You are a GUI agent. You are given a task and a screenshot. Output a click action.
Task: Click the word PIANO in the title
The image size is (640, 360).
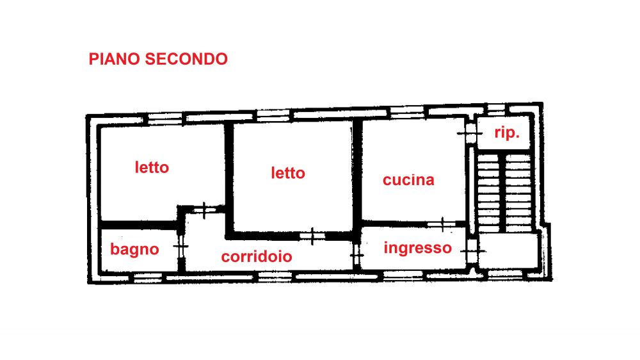[x=115, y=59]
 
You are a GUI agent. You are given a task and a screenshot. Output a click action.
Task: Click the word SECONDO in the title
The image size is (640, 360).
[x=186, y=59]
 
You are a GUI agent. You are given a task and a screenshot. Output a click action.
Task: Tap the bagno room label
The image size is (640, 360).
[x=134, y=249]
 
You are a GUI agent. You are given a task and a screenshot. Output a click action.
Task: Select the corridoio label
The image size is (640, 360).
[x=257, y=257]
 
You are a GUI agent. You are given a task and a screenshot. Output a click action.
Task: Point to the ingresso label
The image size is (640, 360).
[x=417, y=248]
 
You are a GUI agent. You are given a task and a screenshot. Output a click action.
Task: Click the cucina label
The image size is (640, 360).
[x=408, y=180]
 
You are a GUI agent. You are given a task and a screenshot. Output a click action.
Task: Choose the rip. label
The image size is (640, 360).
[x=506, y=133]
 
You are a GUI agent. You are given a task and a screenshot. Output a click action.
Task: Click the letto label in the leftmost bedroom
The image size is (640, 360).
[x=152, y=168]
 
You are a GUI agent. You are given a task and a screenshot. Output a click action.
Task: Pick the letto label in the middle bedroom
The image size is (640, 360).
[x=288, y=173]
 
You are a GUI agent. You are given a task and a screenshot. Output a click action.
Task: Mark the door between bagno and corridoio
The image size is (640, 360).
[x=180, y=247]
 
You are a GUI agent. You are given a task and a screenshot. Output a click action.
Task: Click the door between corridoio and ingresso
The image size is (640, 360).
[x=356, y=255]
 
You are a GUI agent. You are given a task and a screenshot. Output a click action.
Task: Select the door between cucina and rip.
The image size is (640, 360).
[x=469, y=133]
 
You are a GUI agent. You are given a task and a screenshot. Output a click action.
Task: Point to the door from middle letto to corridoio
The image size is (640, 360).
[x=312, y=236]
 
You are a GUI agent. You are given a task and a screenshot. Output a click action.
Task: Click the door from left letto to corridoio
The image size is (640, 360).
[x=204, y=211]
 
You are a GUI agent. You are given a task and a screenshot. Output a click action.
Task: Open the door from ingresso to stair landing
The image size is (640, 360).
[x=473, y=250]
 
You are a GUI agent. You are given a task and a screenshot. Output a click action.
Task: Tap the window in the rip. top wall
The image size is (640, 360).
[x=497, y=110]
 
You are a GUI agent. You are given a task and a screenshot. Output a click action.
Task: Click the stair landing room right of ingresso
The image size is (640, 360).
[x=508, y=250]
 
